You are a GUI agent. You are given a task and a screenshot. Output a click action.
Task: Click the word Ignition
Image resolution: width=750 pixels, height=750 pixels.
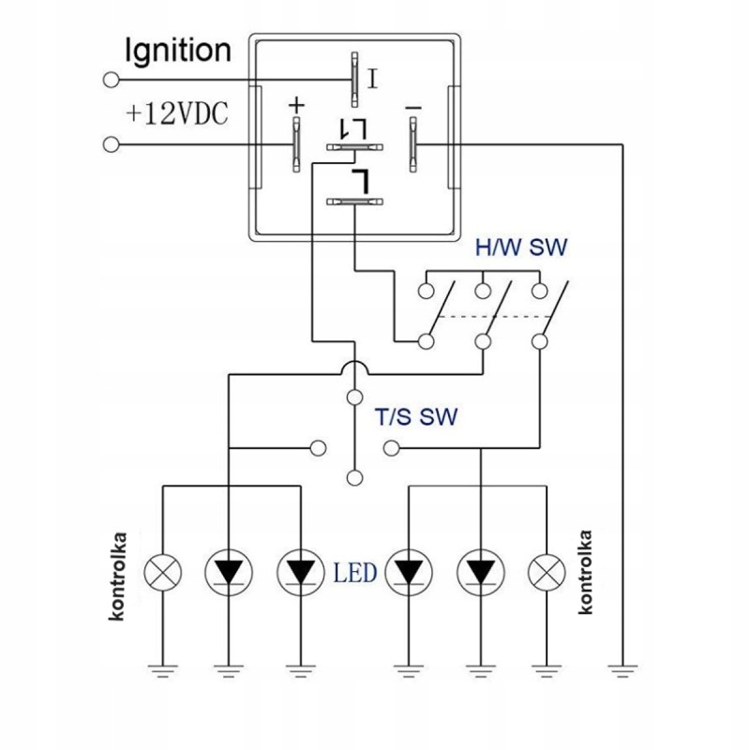(178, 52)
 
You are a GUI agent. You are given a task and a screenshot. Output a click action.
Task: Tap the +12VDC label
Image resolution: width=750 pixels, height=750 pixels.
(177, 114)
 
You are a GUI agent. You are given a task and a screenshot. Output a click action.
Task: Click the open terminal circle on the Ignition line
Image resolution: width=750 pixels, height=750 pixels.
(111, 80)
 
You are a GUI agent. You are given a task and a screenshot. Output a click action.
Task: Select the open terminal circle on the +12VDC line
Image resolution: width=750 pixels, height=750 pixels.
(111, 144)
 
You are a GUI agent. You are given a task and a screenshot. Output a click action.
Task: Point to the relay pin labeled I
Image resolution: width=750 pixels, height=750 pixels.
(354, 80)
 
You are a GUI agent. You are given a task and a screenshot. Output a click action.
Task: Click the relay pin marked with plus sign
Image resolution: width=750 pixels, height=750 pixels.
(296, 144)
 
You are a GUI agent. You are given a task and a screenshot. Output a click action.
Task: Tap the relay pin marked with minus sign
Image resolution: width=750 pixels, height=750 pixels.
(412, 144)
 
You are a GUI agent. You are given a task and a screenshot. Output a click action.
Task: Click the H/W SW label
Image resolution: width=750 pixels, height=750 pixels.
(521, 247)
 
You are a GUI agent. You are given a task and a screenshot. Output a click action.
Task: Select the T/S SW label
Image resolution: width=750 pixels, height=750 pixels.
(415, 416)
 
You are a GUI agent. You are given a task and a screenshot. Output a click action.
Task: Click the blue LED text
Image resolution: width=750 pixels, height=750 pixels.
(355, 573)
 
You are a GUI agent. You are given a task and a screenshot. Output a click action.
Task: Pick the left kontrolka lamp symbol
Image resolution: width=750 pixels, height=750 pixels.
(162, 573)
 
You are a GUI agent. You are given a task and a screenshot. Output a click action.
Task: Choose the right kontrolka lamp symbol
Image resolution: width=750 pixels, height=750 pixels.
(547, 573)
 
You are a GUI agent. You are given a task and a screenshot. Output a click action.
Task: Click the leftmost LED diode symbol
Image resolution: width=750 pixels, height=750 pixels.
(229, 573)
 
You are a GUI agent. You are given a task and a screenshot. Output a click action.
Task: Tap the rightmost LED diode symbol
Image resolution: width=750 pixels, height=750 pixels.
(481, 573)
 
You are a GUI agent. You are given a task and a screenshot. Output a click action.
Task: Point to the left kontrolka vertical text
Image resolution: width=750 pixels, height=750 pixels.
(118, 577)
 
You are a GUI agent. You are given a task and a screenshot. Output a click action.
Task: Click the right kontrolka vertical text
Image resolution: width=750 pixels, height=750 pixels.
(585, 572)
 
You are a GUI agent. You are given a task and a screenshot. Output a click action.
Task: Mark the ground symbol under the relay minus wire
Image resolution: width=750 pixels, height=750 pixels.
(622, 670)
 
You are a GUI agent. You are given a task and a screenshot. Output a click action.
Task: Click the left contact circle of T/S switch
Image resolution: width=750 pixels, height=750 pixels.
(319, 448)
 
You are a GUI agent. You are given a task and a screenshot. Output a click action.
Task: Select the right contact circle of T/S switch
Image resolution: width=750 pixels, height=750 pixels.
(391, 448)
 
